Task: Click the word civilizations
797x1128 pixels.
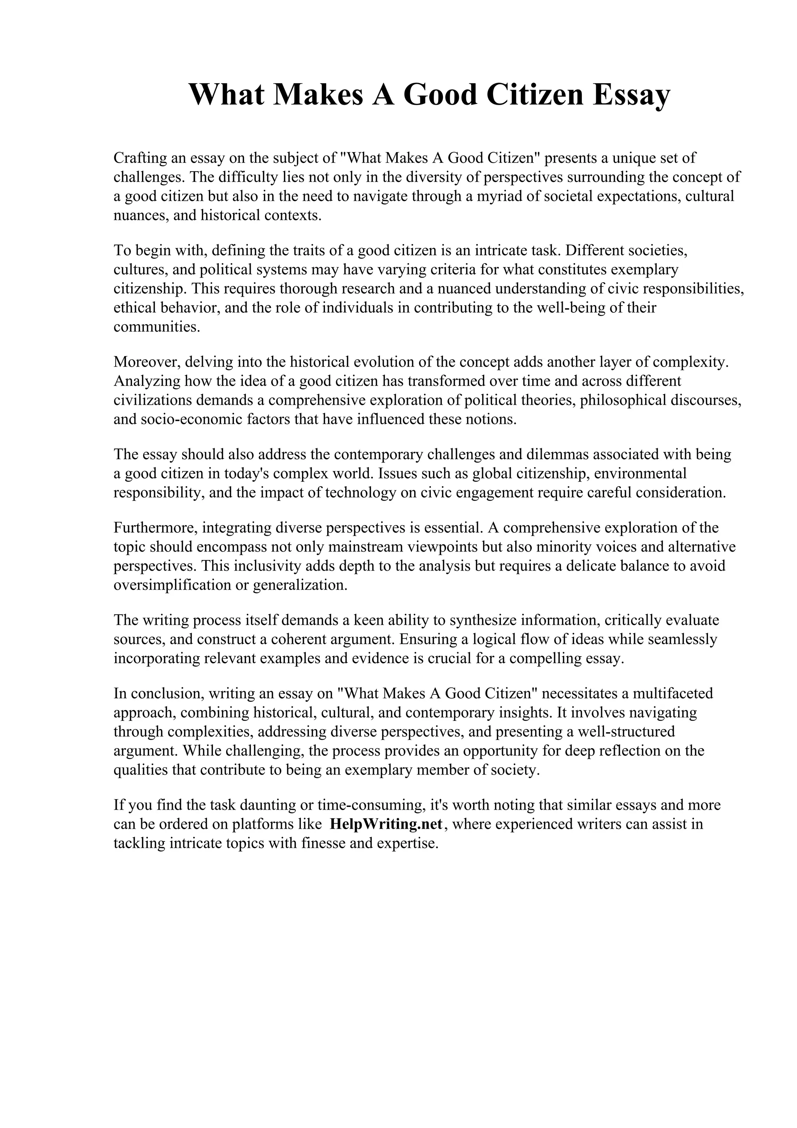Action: (153, 401)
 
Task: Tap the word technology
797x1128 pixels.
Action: (360, 493)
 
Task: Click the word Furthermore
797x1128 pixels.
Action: (155, 528)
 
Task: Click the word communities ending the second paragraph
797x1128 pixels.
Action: (157, 327)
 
